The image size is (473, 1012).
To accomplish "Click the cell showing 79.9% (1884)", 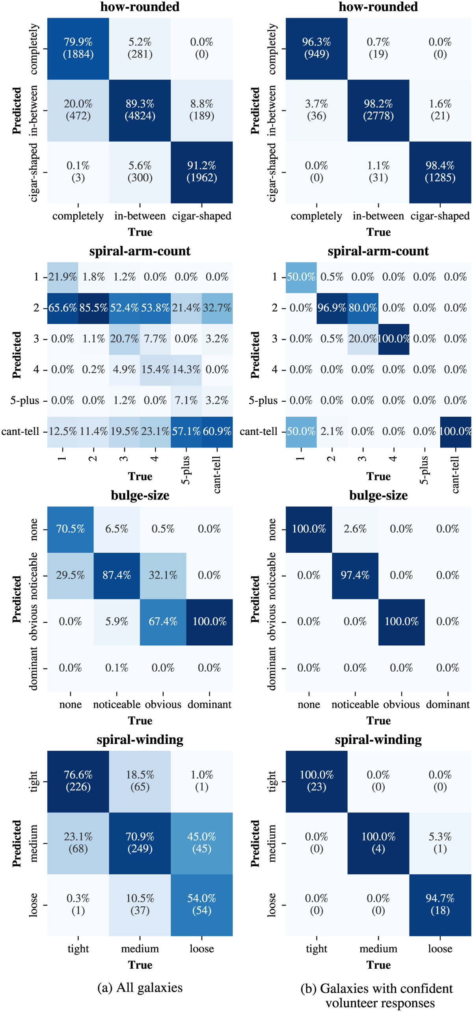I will (78, 48).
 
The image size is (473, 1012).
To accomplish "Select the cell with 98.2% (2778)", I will (378, 110).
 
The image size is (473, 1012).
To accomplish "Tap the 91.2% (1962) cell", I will (201, 171).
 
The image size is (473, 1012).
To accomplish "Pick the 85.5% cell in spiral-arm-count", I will (93, 308).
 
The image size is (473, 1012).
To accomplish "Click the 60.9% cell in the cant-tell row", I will (217, 431).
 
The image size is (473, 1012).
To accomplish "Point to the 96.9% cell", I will (331, 308).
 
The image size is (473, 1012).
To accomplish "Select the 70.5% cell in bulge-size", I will (70, 529).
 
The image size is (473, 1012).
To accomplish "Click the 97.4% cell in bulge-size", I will (355, 575).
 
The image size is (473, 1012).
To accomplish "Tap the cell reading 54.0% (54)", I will (201, 904).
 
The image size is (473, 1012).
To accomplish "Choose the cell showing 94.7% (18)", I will (440, 904).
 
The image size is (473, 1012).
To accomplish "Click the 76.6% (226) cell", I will (78, 781).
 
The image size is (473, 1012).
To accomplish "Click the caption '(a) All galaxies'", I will (140, 987).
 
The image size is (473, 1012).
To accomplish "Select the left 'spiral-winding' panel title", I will (140, 740).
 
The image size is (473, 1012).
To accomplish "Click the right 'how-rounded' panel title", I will (378, 7).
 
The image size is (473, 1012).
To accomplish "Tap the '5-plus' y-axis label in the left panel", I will (24, 401).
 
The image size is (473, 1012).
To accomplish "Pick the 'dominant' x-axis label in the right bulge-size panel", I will (448, 704).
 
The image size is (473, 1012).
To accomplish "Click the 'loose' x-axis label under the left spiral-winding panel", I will (201, 949).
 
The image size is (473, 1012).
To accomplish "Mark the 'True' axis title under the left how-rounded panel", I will (140, 232).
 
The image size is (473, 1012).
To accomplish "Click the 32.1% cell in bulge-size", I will (163, 575).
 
